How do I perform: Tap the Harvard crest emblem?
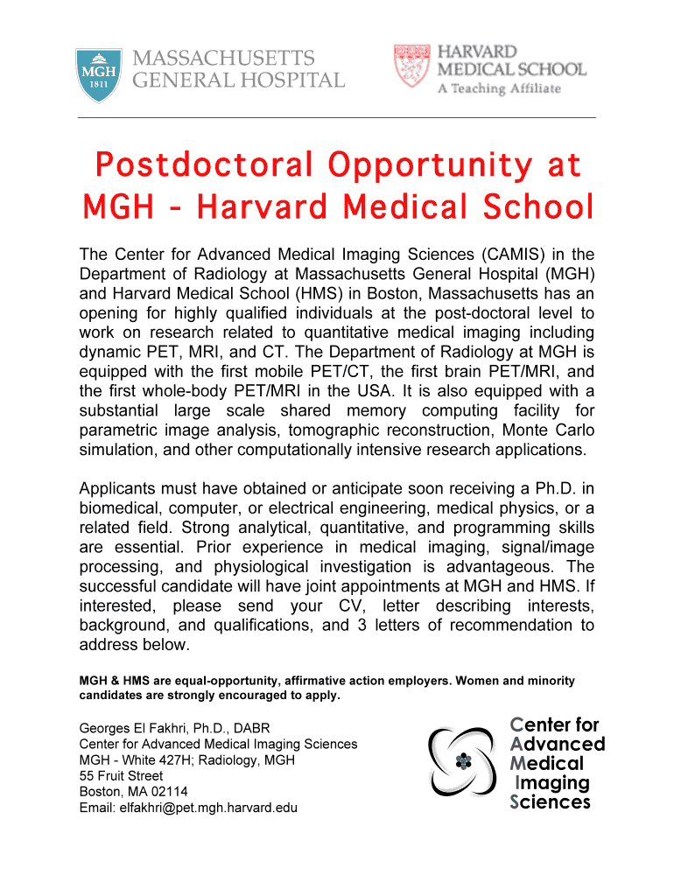pyautogui.click(x=412, y=66)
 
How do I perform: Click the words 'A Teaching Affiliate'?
pyautogui.click(x=505, y=88)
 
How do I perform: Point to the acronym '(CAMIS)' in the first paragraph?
pyautogui.click(x=497, y=255)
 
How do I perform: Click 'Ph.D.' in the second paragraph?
pyautogui.click(x=564, y=488)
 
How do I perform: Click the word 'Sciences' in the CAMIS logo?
pyautogui.click(x=550, y=801)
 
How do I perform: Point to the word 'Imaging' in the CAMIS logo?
pyautogui.click(x=552, y=782)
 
